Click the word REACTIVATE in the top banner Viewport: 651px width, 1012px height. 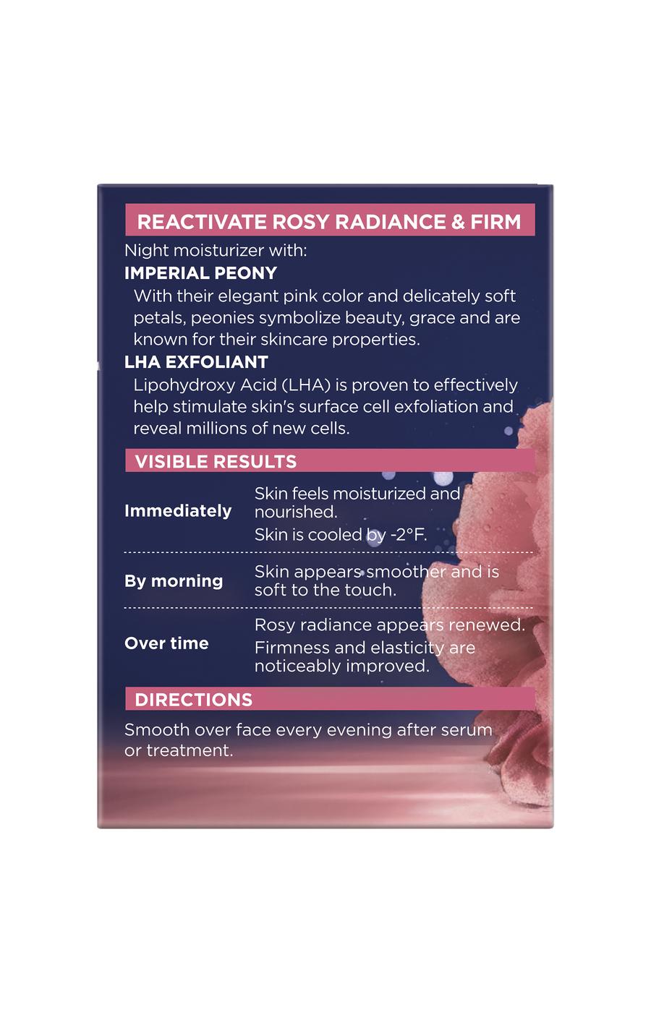[202, 222]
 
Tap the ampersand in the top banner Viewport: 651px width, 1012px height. [457, 222]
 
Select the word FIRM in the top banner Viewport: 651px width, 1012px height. [496, 222]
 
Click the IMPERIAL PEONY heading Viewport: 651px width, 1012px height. [201, 273]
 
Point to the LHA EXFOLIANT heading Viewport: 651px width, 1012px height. [196, 362]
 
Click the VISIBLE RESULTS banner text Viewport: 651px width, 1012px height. [216, 461]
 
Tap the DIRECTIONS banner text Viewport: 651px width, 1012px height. [194, 700]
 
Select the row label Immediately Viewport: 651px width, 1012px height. [178, 511]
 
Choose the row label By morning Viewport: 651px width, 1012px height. [174, 581]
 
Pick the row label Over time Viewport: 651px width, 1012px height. [166, 643]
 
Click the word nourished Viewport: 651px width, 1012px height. [296, 512]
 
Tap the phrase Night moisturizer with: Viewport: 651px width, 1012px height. [216, 250]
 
